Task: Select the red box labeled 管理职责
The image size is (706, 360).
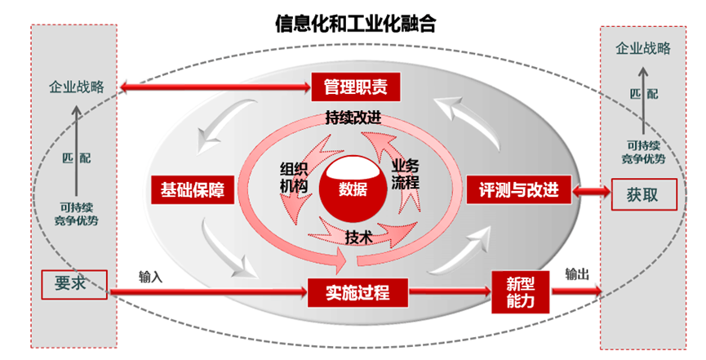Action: click(x=354, y=85)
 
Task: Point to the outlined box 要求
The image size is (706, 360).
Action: click(x=75, y=282)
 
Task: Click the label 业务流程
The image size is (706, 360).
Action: click(x=406, y=173)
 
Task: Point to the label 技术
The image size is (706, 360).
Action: click(x=359, y=237)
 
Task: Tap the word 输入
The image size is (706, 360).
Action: click(x=151, y=277)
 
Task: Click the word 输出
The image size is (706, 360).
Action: click(x=577, y=274)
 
